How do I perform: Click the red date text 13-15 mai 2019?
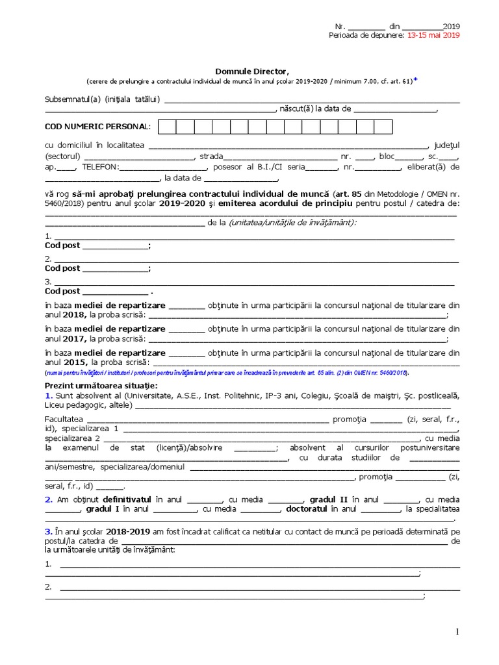(x=433, y=36)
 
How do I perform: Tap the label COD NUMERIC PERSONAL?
(x=97, y=126)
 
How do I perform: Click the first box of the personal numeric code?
(x=167, y=127)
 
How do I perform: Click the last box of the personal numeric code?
(x=383, y=127)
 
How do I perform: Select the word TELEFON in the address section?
(x=100, y=167)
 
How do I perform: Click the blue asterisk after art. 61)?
(x=416, y=81)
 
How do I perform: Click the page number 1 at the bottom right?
(x=457, y=632)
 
